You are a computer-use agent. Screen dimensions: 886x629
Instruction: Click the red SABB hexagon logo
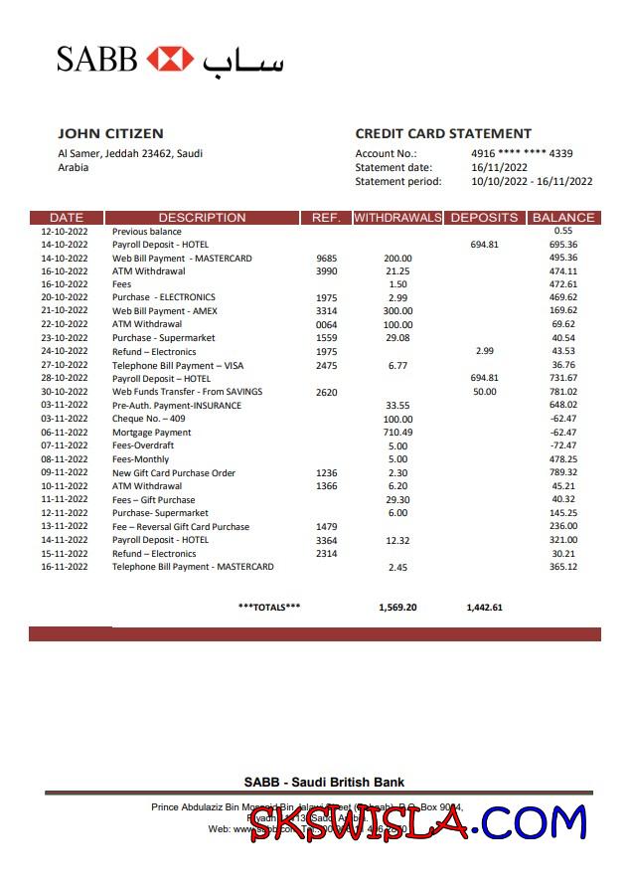click(170, 59)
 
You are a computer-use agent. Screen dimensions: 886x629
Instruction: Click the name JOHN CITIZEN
click(110, 133)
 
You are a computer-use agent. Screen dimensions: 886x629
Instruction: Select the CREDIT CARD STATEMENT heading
click(443, 133)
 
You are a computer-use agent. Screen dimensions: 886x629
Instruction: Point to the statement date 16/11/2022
click(499, 167)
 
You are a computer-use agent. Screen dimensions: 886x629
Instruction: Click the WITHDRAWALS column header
click(397, 217)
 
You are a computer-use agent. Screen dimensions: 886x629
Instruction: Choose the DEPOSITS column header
click(484, 217)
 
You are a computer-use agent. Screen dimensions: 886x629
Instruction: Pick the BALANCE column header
click(563, 217)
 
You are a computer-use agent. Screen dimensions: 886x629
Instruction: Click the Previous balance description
click(147, 231)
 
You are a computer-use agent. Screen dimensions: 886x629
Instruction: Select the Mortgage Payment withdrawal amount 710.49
click(397, 433)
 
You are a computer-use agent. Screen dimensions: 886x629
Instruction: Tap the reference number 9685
click(327, 258)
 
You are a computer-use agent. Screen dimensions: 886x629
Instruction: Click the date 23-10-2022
click(65, 338)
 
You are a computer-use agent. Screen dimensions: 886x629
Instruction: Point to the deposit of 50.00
click(484, 392)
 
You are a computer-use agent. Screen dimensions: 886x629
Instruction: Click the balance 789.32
click(563, 472)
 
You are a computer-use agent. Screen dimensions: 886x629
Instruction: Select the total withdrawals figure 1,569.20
click(397, 607)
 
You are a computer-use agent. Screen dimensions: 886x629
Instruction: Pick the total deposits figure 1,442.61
click(484, 607)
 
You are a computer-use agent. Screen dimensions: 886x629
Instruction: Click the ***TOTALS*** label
click(269, 607)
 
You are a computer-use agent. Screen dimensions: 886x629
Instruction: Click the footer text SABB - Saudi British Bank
click(324, 782)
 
